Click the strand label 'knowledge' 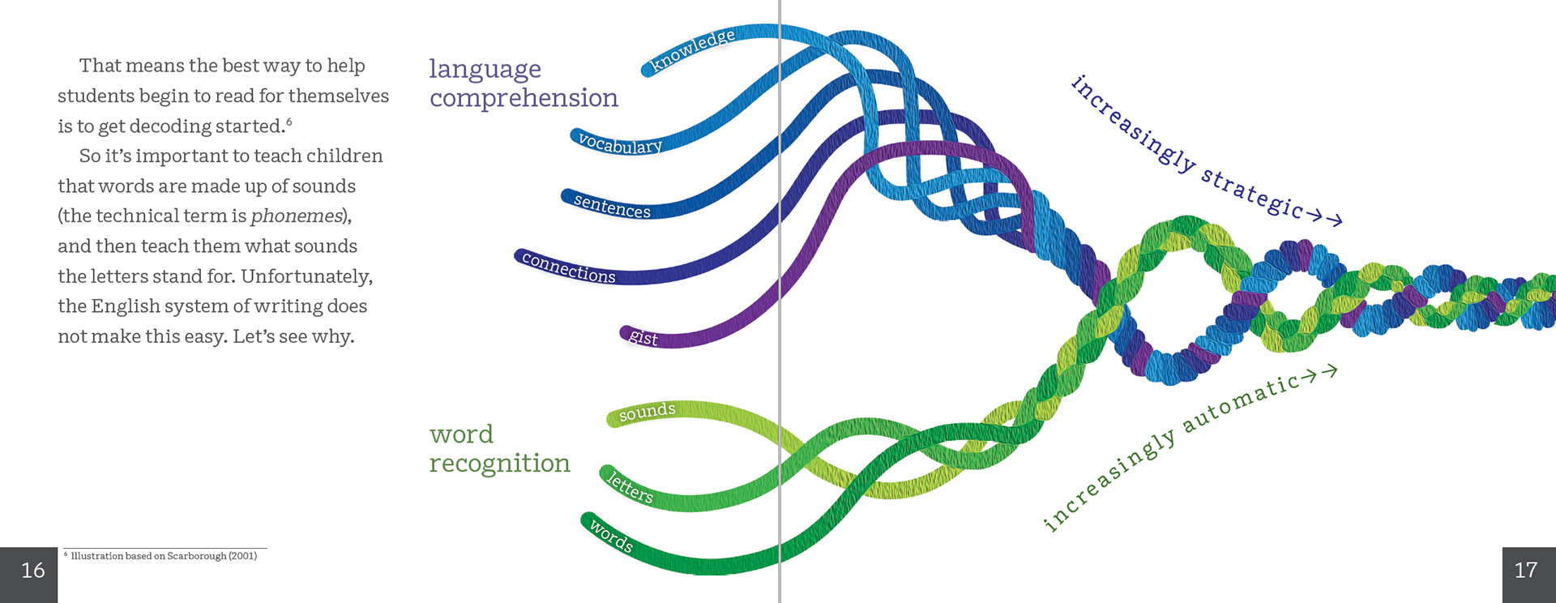[x=694, y=49]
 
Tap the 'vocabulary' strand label [x=620, y=143]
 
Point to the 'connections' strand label [x=568, y=267]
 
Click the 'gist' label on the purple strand [x=643, y=337]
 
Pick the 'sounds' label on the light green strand [x=647, y=412]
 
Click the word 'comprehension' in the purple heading [x=524, y=98]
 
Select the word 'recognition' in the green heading [x=500, y=464]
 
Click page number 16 [x=32, y=571]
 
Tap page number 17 [x=1526, y=571]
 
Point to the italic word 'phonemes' [x=297, y=216]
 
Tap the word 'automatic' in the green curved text [x=1240, y=402]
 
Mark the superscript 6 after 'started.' [x=289, y=122]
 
